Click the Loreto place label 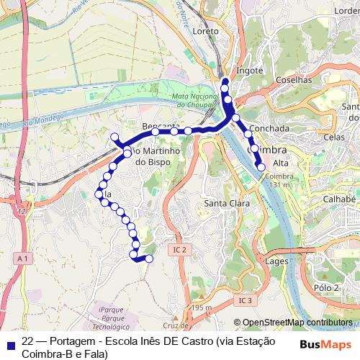tap(206, 32)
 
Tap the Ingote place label tap(249, 71)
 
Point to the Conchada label tap(271, 128)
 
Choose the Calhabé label tap(340, 199)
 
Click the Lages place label tap(276, 261)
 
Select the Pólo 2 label tap(326, 287)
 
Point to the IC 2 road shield tap(179, 250)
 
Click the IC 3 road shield tap(246, 300)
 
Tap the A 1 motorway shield tap(23, 258)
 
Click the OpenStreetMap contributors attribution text tap(297, 323)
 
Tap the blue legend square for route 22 tap(9, 343)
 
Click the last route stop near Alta tap(261, 167)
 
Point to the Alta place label tap(281, 163)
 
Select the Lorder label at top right tap(343, 11)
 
